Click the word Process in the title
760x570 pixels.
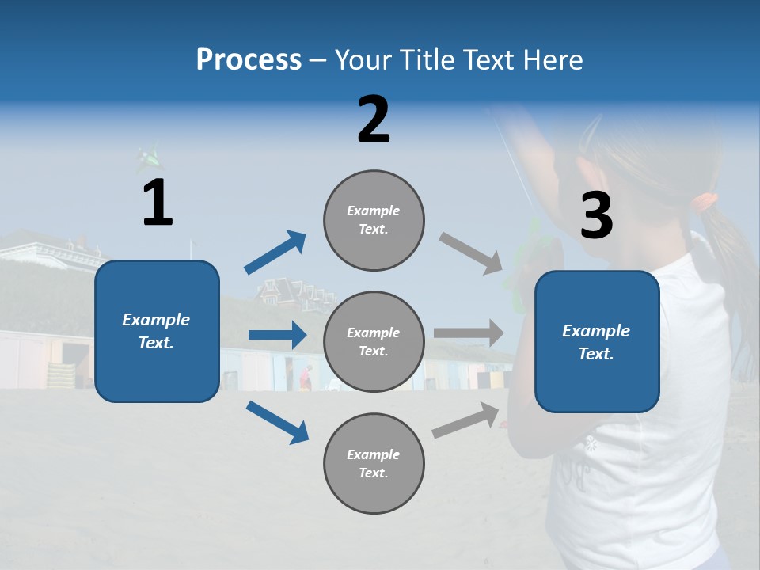(249, 59)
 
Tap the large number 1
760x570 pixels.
(158, 203)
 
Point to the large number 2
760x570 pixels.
(374, 120)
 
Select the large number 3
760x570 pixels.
(596, 216)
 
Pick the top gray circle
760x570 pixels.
(374, 220)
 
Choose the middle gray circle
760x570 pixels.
(374, 341)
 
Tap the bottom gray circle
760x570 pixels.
(374, 463)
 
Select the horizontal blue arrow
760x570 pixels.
(277, 335)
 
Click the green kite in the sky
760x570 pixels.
(148, 159)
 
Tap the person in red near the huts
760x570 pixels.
(306, 378)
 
